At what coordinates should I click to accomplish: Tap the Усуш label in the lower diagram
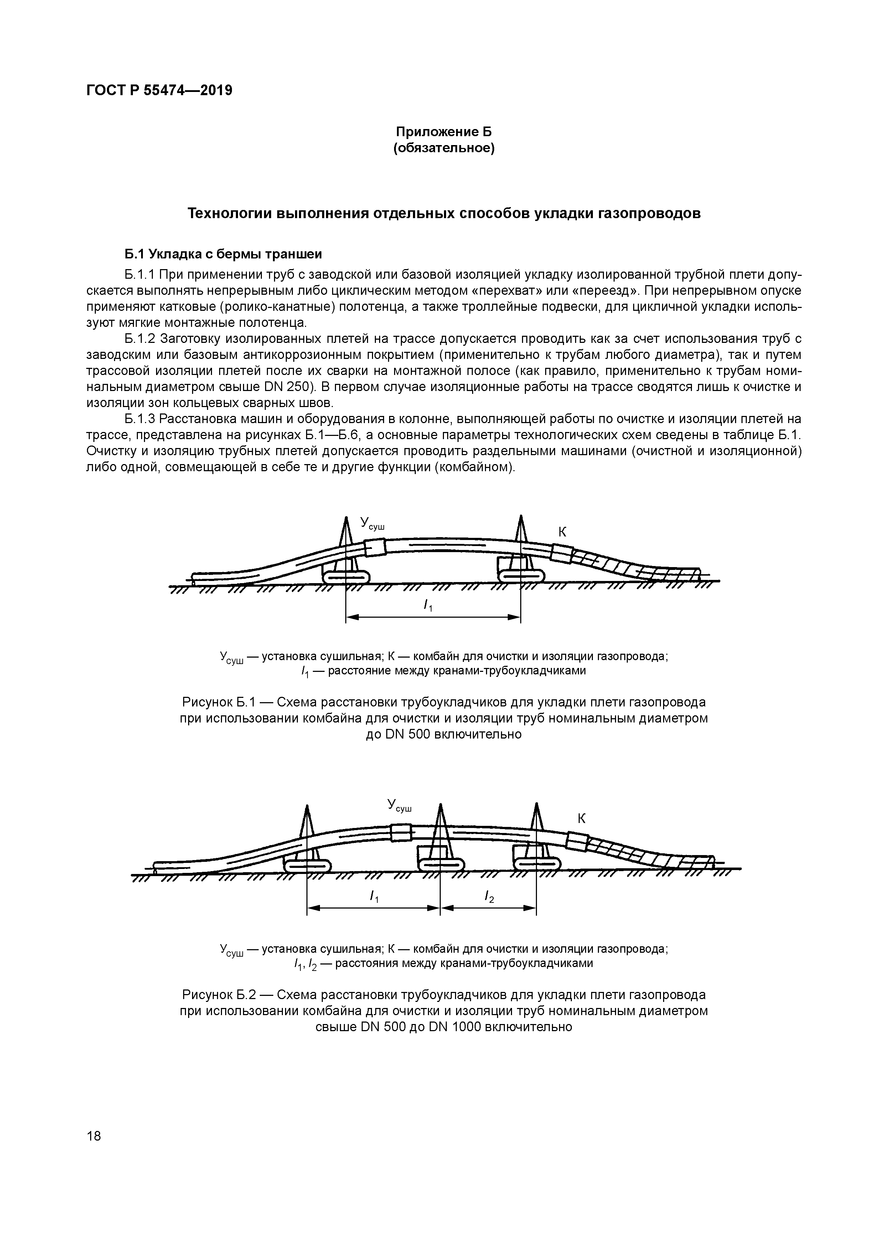coord(399,805)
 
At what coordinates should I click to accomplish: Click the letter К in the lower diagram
coord(581,818)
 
